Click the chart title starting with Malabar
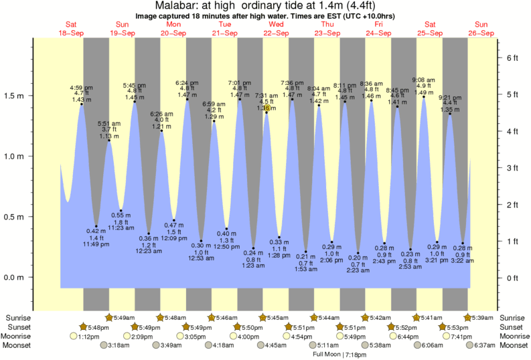point(265,5)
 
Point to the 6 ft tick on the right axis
point(512,58)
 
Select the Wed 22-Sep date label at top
point(276,29)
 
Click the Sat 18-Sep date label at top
point(71,29)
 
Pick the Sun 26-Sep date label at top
point(481,29)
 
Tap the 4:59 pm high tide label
point(81,87)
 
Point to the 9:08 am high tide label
point(423,80)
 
